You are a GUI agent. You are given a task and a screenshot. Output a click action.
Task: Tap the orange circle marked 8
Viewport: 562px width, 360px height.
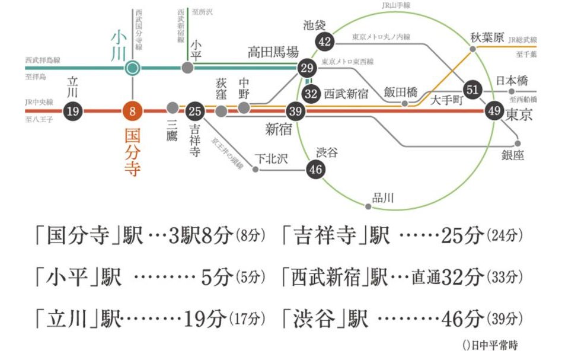coord(133,111)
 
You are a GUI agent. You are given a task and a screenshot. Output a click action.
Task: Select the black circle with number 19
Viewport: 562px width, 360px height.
coord(73,111)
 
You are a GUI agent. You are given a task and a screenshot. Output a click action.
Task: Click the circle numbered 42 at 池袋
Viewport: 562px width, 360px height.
coord(324,42)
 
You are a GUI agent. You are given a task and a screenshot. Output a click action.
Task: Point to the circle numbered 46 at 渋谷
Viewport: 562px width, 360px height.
coord(315,170)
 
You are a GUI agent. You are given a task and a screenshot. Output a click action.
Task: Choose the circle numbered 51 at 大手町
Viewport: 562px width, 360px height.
coord(472,88)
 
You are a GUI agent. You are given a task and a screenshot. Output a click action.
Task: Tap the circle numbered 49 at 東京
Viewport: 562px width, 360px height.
coord(493,111)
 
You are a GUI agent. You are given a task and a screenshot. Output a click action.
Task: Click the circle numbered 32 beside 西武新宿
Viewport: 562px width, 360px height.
coord(311,94)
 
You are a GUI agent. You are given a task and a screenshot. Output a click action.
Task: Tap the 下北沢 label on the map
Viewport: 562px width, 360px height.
coord(271,158)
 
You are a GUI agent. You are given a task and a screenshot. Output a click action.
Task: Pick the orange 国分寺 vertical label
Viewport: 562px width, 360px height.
coord(133,153)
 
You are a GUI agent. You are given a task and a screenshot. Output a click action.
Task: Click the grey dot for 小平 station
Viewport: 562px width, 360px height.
coord(187,68)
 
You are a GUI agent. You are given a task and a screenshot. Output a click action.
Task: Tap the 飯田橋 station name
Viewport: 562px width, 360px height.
coord(400,93)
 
